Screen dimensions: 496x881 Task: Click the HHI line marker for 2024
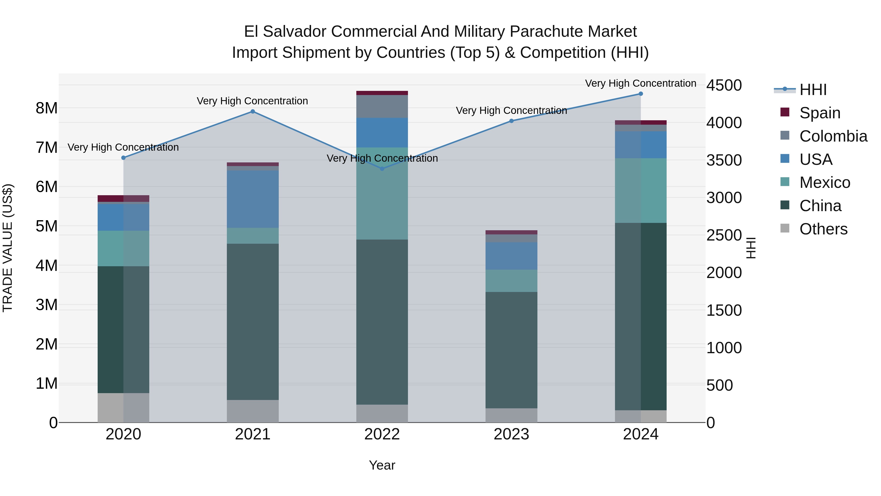[x=641, y=94]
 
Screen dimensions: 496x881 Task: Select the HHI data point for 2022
[x=382, y=169]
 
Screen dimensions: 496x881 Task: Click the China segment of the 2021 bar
[x=253, y=322]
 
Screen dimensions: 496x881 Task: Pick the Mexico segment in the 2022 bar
[x=382, y=194]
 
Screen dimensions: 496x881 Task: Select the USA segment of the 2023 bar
[x=511, y=256]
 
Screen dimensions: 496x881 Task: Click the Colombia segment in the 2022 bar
[x=382, y=107]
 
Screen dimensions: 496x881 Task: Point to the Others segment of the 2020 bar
[x=124, y=408]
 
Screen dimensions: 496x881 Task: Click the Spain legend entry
[x=819, y=113]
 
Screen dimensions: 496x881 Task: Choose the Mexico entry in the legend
[x=824, y=182]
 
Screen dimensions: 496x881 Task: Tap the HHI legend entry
[x=812, y=90]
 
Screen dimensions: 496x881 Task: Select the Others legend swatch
[x=785, y=228]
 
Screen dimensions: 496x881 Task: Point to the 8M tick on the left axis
[x=47, y=108]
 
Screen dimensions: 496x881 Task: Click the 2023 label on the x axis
[x=511, y=434]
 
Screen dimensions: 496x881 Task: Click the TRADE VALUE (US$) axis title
[x=8, y=248]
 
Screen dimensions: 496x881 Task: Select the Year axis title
[x=382, y=465]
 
